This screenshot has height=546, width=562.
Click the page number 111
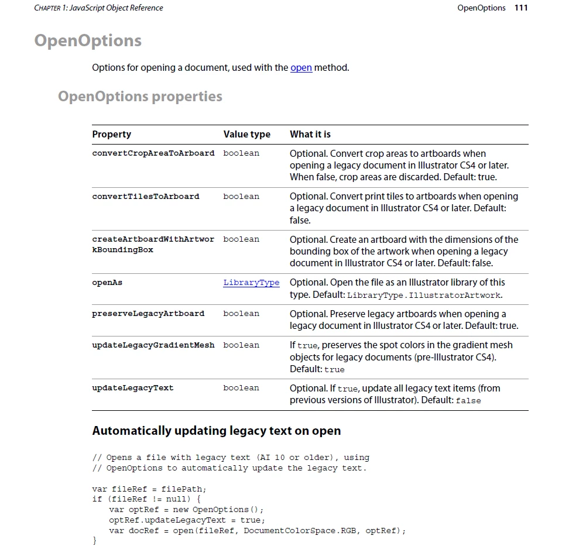pyautogui.click(x=520, y=8)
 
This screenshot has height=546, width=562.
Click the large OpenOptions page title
pyautogui.click(x=88, y=40)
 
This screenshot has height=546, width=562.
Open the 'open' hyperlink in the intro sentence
pyautogui.click(x=301, y=67)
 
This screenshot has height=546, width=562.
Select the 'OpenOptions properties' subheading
pyautogui.click(x=140, y=96)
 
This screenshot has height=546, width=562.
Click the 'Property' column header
pyautogui.click(x=112, y=134)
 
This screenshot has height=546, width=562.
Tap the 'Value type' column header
pyautogui.click(x=246, y=134)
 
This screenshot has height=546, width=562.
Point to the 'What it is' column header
pyautogui.click(x=310, y=134)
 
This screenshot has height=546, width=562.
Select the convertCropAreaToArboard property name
pyautogui.click(x=153, y=153)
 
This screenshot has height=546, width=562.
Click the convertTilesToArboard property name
pyautogui.click(x=146, y=197)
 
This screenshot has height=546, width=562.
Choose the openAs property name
pyautogui.click(x=107, y=283)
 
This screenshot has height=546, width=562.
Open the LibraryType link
pyautogui.click(x=251, y=283)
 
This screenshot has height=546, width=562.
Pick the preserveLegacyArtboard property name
pyautogui.click(x=148, y=314)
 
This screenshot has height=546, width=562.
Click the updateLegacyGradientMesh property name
pyautogui.click(x=153, y=345)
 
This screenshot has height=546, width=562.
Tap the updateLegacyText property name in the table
pyautogui.click(x=133, y=388)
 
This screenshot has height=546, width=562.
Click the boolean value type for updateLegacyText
pyautogui.click(x=241, y=388)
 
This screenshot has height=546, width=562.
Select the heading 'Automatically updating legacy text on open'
pyautogui.click(x=217, y=431)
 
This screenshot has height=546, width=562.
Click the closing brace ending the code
pyautogui.click(x=95, y=541)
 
